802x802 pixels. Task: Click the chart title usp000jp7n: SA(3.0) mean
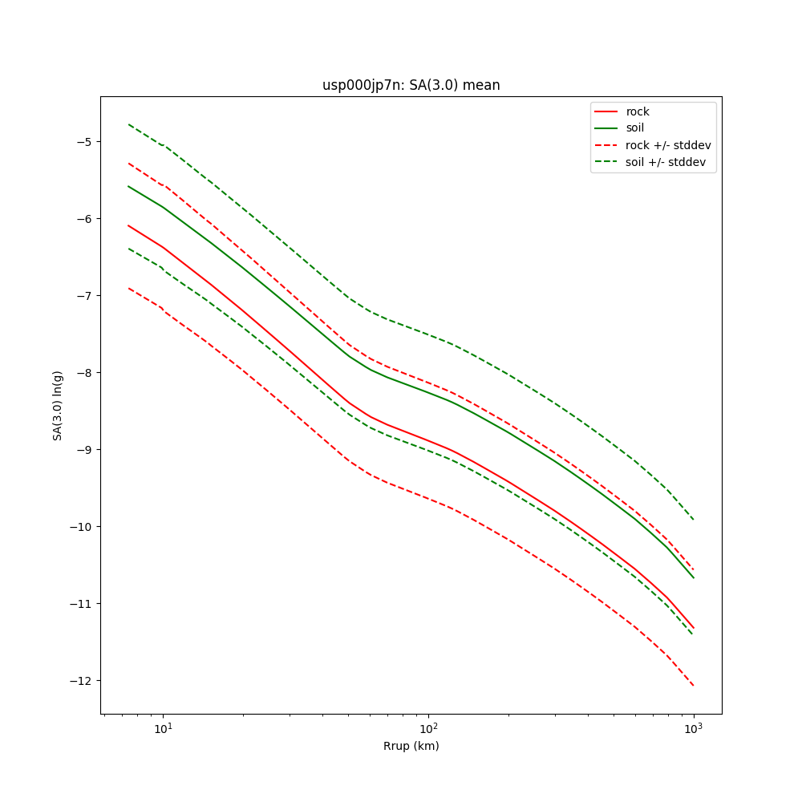click(x=411, y=85)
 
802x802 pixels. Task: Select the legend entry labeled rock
click(x=638, y=111)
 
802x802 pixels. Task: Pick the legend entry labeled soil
click(x=634, y=128)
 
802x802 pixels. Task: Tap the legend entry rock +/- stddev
click(x=668, y=144)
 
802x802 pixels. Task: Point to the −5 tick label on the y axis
click(x=84, y=142)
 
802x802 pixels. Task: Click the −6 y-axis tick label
click(x=84, y=219)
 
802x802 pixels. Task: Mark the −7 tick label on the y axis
click(x=84, y=296)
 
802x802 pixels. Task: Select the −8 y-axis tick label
click(x=84, y=373)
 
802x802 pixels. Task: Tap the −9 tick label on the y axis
click(x=84, y=450)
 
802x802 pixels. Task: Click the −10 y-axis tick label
click(x=81, y=527)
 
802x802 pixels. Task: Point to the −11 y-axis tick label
click(x=81, y=604)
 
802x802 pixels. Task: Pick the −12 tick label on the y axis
click(x=81, y=681)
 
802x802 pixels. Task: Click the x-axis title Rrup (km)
click(x=411, y=746)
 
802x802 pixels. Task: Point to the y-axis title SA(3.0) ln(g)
click(x=58, y=405)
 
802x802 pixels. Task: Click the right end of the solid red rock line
click(x=693, y=628)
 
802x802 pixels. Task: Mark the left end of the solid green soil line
click(x=128, y=186)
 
